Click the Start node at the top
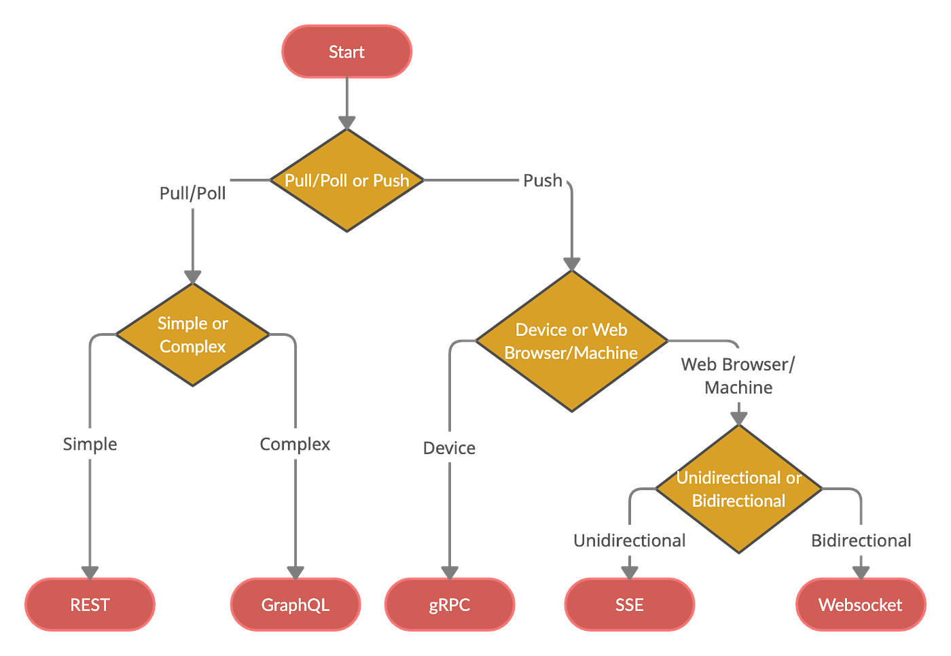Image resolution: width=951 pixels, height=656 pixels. tap(346, 52)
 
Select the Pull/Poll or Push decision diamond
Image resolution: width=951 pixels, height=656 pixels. tap(346, 181)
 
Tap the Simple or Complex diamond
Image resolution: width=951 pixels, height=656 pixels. tap(193, 335)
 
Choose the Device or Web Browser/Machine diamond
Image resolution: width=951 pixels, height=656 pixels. tap(571, 341)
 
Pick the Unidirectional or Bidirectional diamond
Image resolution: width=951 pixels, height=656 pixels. tap(738, 489)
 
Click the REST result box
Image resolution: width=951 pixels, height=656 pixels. tap(90, 604)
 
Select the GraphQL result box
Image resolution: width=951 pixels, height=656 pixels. tap(295, 604)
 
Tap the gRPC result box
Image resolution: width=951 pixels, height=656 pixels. tap(449, 604)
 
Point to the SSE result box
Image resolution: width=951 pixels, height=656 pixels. tap(629, 604)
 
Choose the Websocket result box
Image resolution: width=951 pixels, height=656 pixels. tap(860, 604)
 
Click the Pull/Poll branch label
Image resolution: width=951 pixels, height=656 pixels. tap(192, 194)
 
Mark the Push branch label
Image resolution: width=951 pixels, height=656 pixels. tap(543, 181)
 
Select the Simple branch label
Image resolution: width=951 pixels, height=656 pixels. tap(90, 445)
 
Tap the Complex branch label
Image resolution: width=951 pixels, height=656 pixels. tap(295, 445)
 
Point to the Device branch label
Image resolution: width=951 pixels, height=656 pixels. tap(449, 448)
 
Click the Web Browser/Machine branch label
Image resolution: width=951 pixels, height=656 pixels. tap(738, 376)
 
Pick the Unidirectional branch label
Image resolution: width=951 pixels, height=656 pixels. tap(630, 540)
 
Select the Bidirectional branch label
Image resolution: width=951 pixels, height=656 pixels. tap(861, 540)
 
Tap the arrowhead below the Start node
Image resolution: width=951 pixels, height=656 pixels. tap(346, 121)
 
